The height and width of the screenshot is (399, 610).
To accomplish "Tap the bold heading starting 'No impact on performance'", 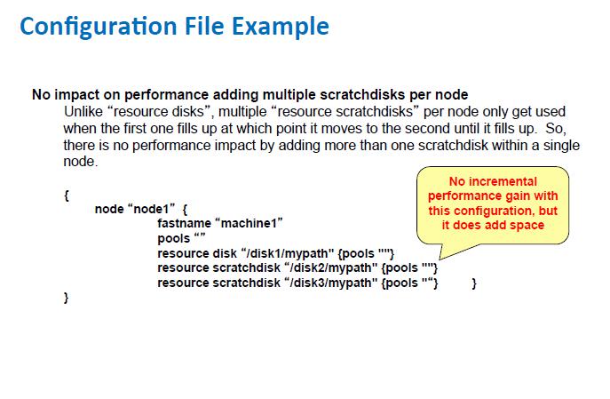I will tap(250, 94).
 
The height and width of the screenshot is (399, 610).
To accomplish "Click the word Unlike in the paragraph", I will tap(85, 111).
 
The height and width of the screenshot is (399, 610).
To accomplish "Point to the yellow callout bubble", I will tap(493, 201).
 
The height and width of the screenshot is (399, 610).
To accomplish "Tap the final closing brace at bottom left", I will tap(67, 299).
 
